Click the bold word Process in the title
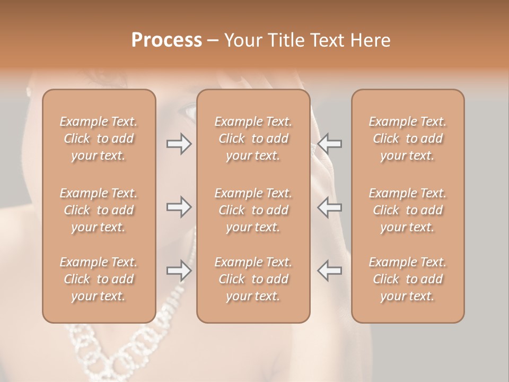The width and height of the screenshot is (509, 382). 166,40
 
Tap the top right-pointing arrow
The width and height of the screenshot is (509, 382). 179,143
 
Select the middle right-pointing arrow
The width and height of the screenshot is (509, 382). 179,207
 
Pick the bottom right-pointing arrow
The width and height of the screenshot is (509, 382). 179,271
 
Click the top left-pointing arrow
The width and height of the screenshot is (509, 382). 329,143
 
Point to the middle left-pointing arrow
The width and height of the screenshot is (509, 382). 329,207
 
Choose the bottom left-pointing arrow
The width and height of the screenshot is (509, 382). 329,271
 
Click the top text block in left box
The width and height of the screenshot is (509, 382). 99,138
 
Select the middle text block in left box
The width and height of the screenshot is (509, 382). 99,210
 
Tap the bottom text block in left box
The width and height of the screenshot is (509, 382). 99,279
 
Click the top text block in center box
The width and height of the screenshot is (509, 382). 253,138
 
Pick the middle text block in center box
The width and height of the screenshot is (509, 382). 253,210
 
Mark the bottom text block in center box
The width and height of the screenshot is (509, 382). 253,279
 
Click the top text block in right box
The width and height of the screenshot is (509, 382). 408,138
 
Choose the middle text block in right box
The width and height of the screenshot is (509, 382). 408,210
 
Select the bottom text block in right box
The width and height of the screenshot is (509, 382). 408,279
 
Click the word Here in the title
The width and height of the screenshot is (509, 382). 371,40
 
